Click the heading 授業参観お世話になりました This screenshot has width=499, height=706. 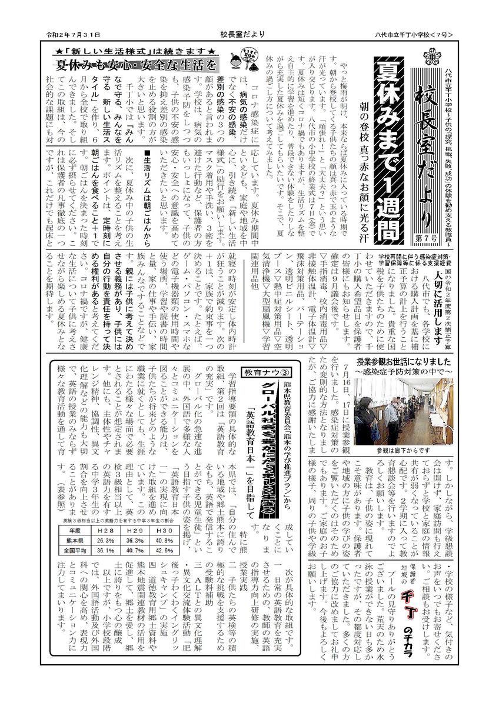402,361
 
